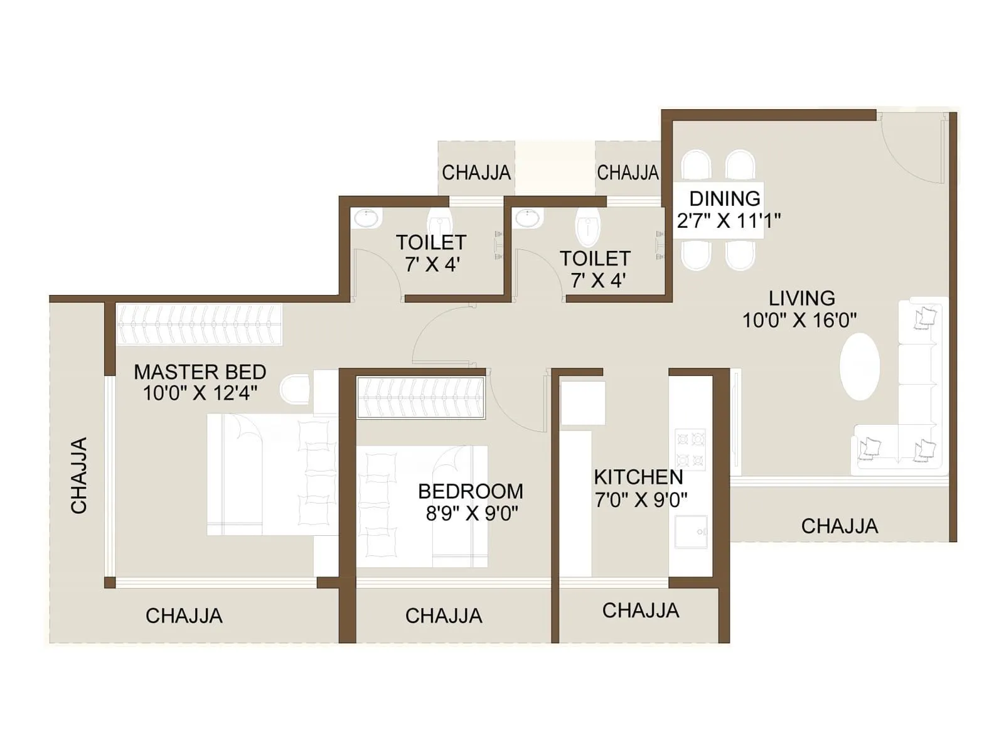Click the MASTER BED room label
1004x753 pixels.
(x=200, y=372)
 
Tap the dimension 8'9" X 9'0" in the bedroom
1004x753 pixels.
(x=472, y=514)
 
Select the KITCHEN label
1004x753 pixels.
(x=638, y=477)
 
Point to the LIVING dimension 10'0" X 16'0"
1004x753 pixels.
(x=799, y=321)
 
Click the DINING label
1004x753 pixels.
(x=725, y=199)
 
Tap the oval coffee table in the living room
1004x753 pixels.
(x=860, y=366)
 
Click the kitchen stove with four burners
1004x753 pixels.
(x=690, y=449)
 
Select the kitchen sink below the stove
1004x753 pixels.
(x=691, y=532)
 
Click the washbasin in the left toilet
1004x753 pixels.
(x=366, y=219)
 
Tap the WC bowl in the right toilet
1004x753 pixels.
(x=588, y=227)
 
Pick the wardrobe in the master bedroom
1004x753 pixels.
(x=198, y=324)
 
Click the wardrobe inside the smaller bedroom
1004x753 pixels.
(x=420, y=398)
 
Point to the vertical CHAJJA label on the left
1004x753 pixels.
(x=79, y=476)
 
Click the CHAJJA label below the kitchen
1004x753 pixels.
(x=641, y=611)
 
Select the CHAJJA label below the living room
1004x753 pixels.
(x=839, y=526)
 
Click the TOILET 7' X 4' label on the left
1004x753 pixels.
(x=431, y=253)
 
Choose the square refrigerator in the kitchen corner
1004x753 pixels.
(x=582, y=402)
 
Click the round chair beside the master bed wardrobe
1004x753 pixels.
(x=295, y=390)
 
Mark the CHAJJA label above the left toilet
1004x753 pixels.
(x=476, y=173)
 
